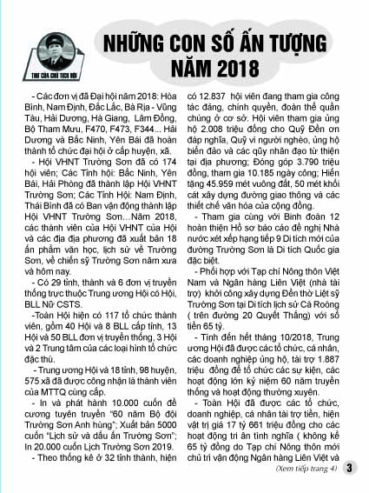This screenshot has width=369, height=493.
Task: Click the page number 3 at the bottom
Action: (349, 470)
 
